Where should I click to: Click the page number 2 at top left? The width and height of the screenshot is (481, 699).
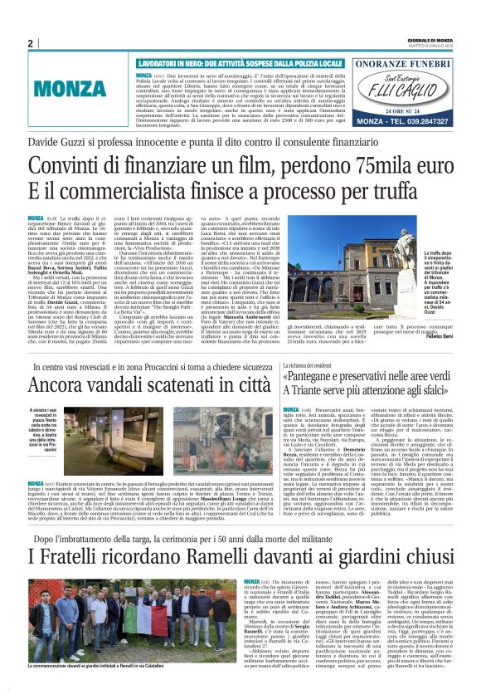31,43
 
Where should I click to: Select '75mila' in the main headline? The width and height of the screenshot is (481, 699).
340,167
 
